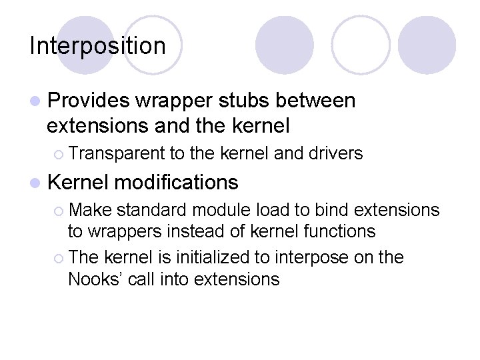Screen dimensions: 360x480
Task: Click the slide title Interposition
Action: click(x=97, y=46)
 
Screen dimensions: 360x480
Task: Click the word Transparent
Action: click(x=116, y=153)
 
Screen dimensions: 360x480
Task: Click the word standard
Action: click(x=150, y=210)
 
